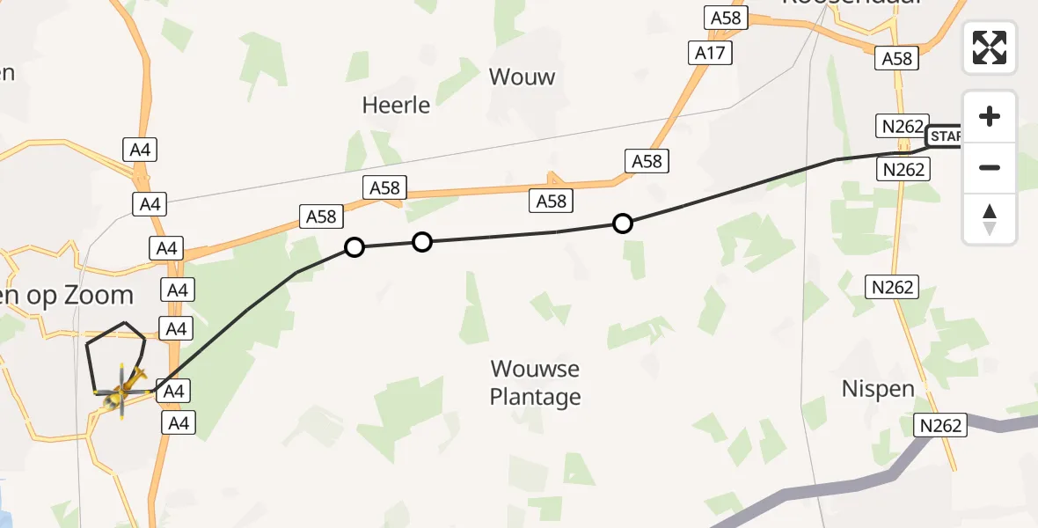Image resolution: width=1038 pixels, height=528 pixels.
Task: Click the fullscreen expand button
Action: [x=990, y=48]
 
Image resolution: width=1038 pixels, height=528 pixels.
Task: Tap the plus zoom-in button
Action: [x=990, y=117]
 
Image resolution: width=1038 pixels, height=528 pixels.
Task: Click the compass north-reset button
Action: [x=990, y=219]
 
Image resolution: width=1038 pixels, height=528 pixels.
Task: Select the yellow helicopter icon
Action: [x=121, y=393]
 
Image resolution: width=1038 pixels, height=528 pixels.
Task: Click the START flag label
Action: [x=944, y=136]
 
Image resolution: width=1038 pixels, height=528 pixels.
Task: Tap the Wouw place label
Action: [x=522, y=77]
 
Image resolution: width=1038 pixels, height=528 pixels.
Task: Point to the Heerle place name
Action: [x=396, y=106]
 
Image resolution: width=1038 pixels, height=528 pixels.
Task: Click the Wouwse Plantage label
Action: [x=535, y=383]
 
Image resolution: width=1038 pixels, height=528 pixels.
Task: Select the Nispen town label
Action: [x=877, y=388]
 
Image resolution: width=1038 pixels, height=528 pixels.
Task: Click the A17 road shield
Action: [x=710, y=53]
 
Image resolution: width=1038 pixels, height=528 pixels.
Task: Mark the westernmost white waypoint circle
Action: [x=355, y=247]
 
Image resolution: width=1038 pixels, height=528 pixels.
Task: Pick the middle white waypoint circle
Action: [x=422, y=241]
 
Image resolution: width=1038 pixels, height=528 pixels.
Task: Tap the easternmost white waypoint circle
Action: [x=622, y=224]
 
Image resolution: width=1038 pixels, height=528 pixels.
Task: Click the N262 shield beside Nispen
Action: [x=939, y=425]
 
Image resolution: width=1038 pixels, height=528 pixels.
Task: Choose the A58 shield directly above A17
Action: [x=725, y=18]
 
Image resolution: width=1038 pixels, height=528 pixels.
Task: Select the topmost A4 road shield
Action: [x=140, y=150]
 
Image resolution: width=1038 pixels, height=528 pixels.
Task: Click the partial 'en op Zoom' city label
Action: [x=66, y=296]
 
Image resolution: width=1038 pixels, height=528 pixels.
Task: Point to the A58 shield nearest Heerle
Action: [x=384, y=187]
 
